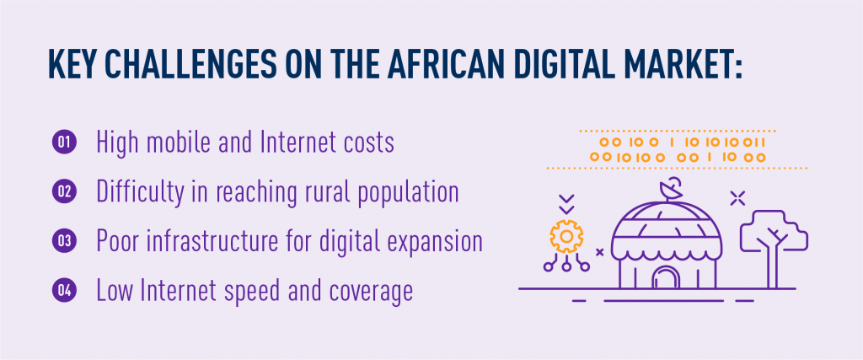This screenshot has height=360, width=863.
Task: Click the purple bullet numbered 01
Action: point(63,142)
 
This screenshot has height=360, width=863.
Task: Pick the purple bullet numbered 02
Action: point(63,191)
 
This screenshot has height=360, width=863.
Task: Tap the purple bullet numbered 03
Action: point(63,241)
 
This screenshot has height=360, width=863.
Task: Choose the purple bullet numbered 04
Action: point(63,291)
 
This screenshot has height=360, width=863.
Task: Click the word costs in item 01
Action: point(370,143)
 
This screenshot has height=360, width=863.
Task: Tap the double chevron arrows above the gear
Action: point(567,204)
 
